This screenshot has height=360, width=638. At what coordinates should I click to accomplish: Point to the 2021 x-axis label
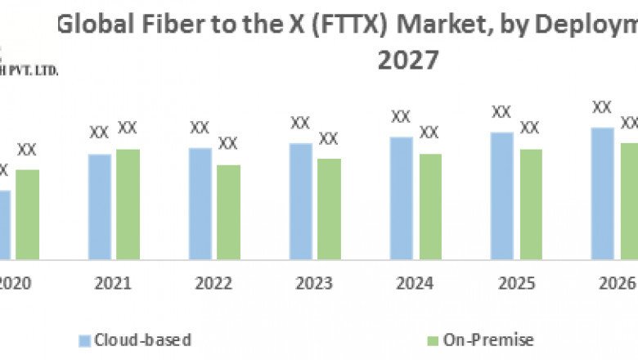113,284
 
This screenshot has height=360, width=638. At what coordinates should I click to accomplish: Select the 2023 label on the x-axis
314,284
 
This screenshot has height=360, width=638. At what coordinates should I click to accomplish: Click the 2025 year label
515,284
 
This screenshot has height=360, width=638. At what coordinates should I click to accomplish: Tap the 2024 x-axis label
415,284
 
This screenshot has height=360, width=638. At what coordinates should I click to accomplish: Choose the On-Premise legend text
488,340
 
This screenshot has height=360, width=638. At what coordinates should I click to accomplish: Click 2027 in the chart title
408,61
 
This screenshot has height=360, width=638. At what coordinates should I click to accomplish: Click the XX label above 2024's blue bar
401,117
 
